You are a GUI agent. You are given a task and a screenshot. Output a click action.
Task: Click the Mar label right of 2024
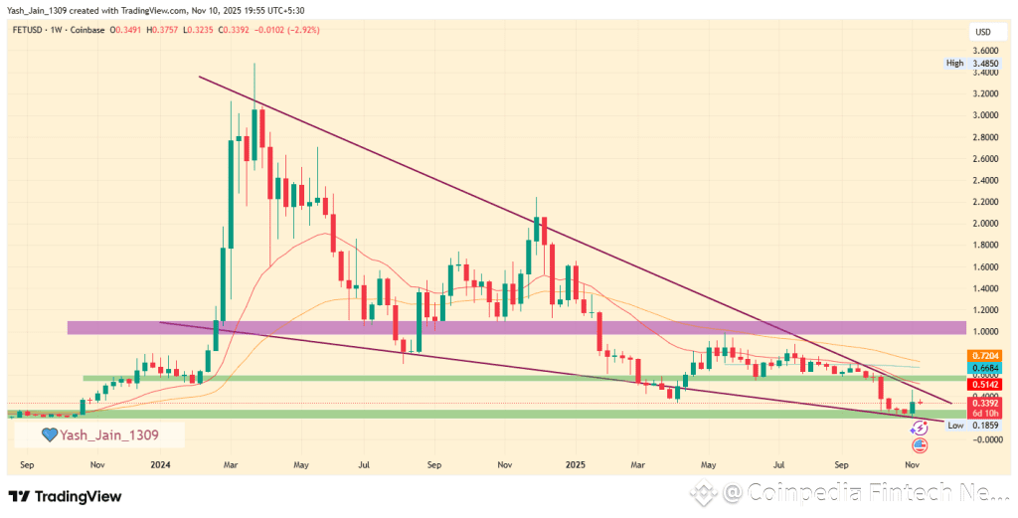click(x=230, y=464)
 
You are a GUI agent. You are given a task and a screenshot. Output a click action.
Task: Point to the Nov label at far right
click(x=911, y=464)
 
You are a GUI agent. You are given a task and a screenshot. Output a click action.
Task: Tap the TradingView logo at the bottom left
click(x=65, y=495)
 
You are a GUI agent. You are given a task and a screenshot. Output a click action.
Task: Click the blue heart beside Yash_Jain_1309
click(x=48, y=434)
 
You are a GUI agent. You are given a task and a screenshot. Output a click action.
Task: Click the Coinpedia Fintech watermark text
click(x=865, y=492)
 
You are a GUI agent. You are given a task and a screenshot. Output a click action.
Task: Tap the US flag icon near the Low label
click(x=919, y=444)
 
